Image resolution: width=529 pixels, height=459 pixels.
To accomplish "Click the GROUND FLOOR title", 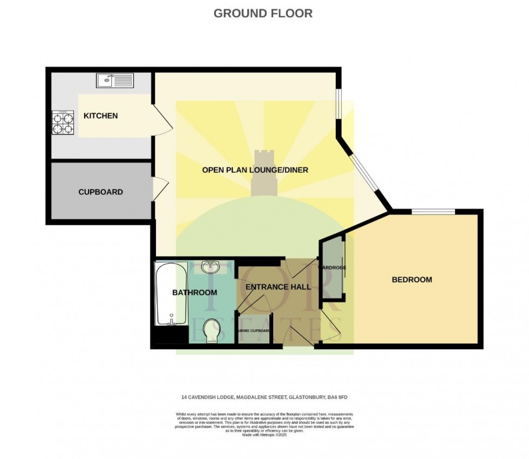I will tap(263, 13).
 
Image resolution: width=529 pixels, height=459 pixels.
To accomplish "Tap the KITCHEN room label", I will tap(100, 116).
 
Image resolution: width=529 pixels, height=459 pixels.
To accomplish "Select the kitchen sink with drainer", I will tap(115, 81).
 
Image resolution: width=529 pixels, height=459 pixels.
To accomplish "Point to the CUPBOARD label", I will tap(100, 192).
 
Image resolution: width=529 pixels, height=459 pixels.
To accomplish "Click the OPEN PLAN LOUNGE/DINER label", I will tap(255, 170).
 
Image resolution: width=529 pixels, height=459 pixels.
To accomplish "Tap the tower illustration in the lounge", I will tap(265, 173).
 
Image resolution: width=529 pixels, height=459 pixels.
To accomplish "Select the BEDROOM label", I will tap(412, 279).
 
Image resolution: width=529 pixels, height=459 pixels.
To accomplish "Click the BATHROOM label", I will tap(194, 292).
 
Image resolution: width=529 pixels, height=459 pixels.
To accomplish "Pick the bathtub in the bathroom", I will tap(171, 294).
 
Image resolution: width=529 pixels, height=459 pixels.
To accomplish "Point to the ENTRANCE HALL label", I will tap(278, 287).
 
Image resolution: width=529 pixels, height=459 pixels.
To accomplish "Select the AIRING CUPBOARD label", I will tap(253, 330).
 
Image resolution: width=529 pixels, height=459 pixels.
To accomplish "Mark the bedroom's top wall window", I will tap(433, 212).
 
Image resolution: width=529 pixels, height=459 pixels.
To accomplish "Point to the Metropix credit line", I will tap(264, 435).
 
